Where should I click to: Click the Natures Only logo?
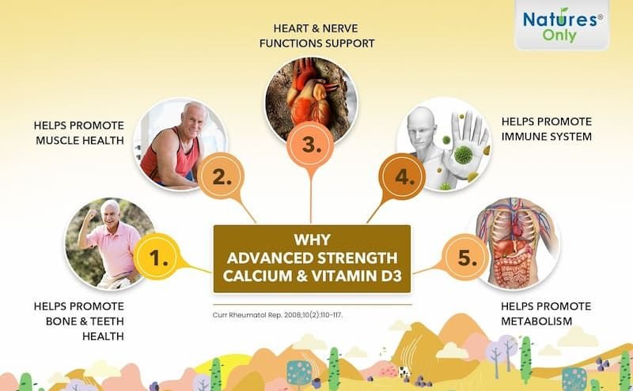[562, 25]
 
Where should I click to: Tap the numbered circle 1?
[157, 257]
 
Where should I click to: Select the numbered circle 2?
[222, 176]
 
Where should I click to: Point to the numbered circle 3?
[310, 145]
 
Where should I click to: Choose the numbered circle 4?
[402, 177]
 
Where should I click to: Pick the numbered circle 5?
[466, 258]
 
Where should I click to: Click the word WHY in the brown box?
[312, 240]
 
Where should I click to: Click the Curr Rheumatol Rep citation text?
[278, 315]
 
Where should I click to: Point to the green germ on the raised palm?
[463, 154]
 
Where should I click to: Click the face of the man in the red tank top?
[193, 119]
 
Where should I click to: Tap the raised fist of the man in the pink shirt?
[92, 214]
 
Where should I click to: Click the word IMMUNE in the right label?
[521, 137]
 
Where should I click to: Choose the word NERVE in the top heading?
[343, 28]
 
